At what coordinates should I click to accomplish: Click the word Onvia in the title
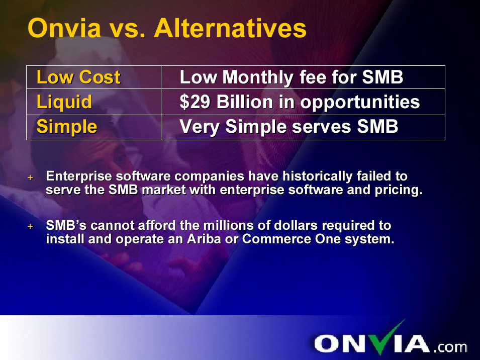point(64,28)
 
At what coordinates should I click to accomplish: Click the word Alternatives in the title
point(230,28)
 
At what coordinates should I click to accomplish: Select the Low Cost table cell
point(93,77)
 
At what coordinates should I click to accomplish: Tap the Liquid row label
point(64,102)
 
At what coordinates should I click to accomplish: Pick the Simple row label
point(67,127)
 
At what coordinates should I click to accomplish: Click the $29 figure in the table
point(195,102)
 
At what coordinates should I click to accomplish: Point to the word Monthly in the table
point(258,77)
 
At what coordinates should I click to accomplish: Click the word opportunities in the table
point(360,102)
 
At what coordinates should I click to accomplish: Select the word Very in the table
point(199,127)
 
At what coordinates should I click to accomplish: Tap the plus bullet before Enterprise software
point(30,177)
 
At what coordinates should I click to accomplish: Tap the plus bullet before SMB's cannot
point(30,226)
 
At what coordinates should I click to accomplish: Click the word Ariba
point(204,239)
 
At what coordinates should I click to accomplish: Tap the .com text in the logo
point(450,347)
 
